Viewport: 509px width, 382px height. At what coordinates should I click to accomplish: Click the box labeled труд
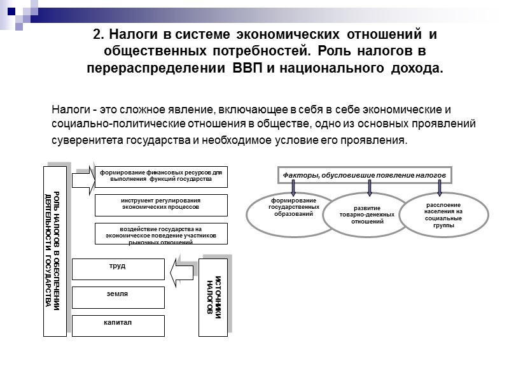pos(118,269)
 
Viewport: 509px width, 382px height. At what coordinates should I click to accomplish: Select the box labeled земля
pos(118,297)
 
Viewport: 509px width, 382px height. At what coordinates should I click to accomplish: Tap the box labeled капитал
pos(118,325)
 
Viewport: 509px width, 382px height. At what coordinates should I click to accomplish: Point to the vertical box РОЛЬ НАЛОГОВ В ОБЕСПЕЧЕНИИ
pos(55,251)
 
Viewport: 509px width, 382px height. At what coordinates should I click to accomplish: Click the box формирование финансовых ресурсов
pos(160,176)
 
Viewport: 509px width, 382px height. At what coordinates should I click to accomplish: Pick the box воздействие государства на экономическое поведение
pos(160,233)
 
